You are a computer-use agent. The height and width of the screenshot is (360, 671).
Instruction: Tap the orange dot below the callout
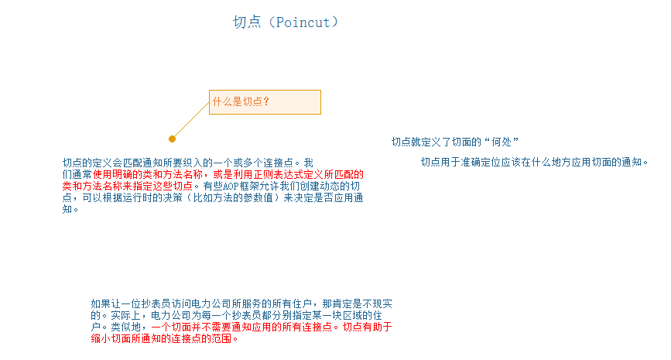click(172, 139)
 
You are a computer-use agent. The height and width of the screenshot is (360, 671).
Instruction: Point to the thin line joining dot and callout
click(190, 120)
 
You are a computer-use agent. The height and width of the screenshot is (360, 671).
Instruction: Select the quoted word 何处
click(501, 142)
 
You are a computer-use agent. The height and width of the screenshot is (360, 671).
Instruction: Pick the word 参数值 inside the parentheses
click(250, 197)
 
